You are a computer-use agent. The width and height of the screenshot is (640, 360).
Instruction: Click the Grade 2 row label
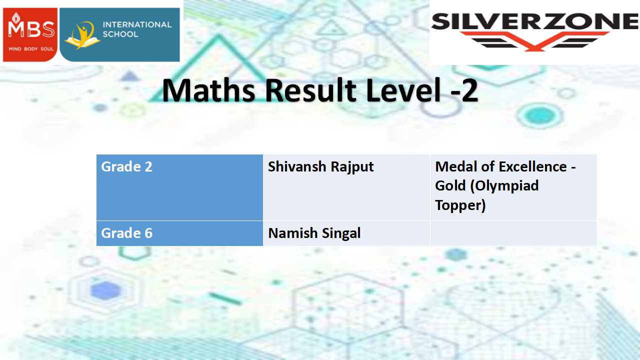point(126,166)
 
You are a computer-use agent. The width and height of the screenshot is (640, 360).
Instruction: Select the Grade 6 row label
point(126,233)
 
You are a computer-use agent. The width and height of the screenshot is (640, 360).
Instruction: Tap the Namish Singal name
point(314,233)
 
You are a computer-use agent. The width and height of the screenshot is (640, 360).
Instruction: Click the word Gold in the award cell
point(450,185)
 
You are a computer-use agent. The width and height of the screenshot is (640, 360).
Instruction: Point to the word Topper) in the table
point(460,205)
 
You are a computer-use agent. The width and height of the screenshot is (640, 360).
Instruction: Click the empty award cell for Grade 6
point(513,233)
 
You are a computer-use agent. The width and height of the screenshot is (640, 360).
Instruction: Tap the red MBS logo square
point(30,34)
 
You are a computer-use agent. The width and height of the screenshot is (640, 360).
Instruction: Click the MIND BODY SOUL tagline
point(31,49)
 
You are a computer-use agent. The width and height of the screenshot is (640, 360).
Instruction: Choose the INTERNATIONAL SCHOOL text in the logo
point(137,29)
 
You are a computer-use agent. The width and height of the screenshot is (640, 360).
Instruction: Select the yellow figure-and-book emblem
point(82,35)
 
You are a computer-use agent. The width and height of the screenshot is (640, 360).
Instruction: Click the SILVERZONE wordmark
point(535,21)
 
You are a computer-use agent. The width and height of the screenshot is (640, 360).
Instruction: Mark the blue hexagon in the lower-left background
point(105,290)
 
